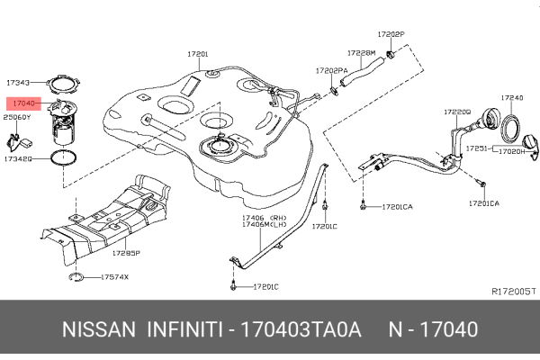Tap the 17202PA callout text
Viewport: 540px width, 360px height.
coord(331,69)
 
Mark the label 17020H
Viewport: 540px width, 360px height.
coord(512,152)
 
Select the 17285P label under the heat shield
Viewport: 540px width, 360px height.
coord(126,255)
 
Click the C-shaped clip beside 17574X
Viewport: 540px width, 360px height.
coord(76,277)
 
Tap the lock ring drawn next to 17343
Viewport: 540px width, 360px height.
coord(61,84)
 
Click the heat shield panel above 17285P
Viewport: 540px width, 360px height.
coord(117,211)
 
